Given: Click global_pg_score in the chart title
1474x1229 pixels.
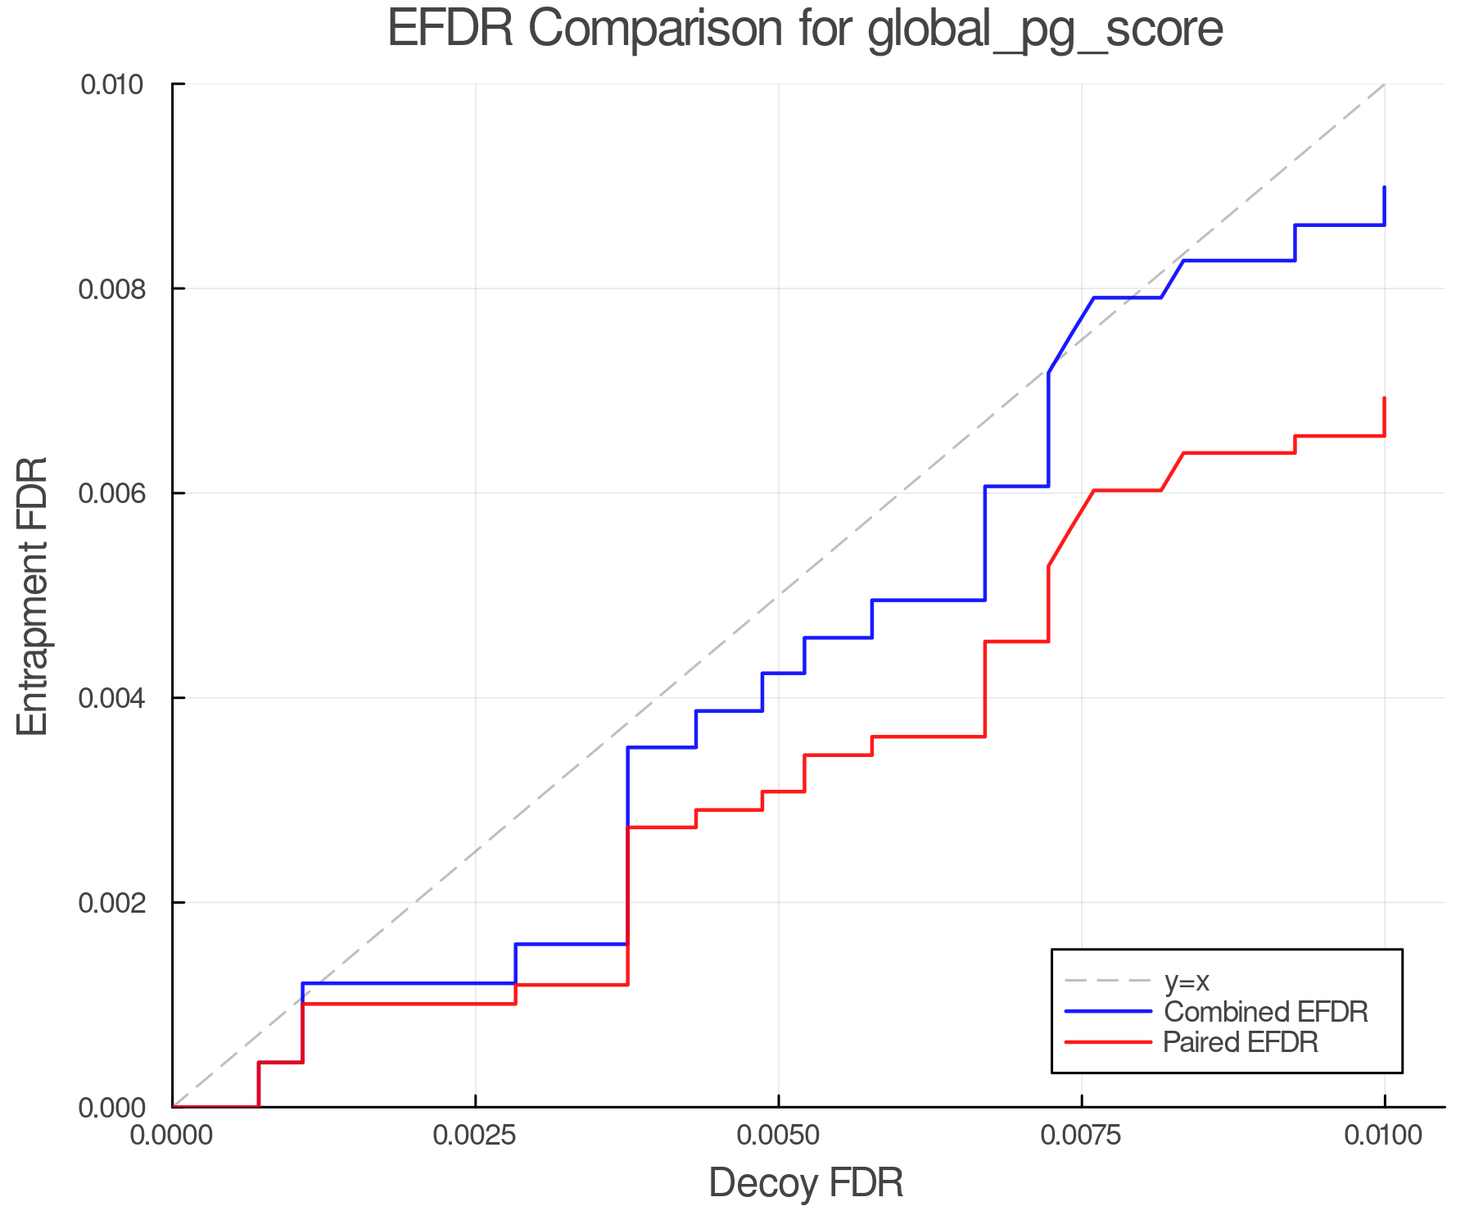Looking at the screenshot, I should [1045, 29].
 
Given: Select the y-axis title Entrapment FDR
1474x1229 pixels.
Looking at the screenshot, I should [33, 596].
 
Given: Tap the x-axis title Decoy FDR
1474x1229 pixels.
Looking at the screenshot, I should [806, 1183].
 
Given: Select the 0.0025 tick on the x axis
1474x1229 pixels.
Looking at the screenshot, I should [475, 1136].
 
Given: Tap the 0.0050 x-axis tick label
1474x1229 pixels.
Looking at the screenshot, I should [778, 1136].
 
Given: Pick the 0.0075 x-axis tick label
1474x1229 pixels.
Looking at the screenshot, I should [1081, 1136].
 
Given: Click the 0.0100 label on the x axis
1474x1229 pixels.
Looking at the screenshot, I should [1384, 1136].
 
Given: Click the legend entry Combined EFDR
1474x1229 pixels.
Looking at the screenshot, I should [1266, 1012].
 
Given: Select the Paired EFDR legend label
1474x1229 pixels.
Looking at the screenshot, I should [1241, 1042].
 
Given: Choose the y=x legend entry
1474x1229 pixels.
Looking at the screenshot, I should [1187, 982].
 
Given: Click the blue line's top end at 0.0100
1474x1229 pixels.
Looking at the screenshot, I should [1384, 188].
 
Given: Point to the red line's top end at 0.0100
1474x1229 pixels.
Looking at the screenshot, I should [1384, 398].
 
